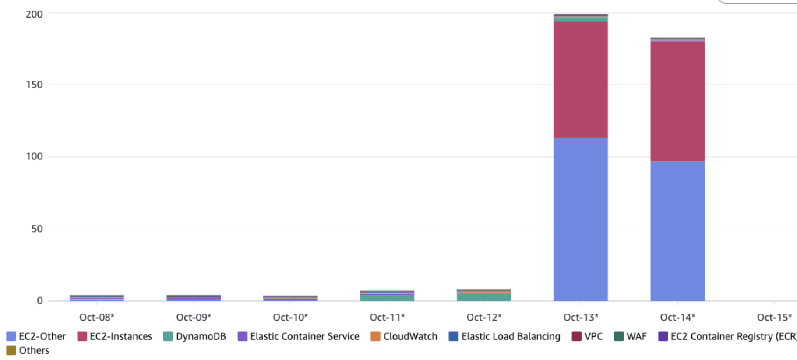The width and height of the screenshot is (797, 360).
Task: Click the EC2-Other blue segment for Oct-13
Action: coord(581,219)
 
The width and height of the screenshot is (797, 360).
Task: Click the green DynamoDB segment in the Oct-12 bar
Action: coord(484,297)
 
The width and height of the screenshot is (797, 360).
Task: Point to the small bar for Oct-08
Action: coord(97,298)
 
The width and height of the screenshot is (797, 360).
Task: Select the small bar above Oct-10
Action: coord(290,298)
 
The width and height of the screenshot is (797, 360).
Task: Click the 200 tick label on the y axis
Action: coord(34,14)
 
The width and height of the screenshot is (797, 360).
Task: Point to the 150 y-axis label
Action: coord(34,85)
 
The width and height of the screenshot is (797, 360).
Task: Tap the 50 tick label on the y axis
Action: coord(37,229)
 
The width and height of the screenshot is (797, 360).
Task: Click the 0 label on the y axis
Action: coord(40,300)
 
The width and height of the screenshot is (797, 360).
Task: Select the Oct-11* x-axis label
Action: coord(387,317)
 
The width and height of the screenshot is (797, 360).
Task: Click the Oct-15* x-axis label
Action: coord(774,317)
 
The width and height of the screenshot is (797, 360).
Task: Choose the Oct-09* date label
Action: coord(194,317)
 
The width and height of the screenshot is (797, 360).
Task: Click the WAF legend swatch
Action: coord(619,336)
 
